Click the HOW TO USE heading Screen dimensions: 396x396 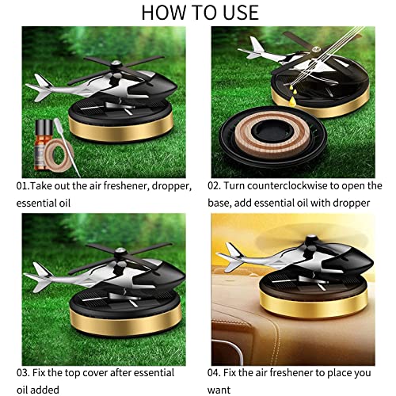click(200, 12)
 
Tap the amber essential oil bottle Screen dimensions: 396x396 click(43, 145)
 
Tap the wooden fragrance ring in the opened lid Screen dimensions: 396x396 click(272, 135)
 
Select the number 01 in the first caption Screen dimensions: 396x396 click(21, 186)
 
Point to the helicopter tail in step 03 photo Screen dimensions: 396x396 click(40, 277)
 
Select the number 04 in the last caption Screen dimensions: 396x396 click(213, 373)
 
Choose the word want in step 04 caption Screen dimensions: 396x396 click(219, 390)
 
